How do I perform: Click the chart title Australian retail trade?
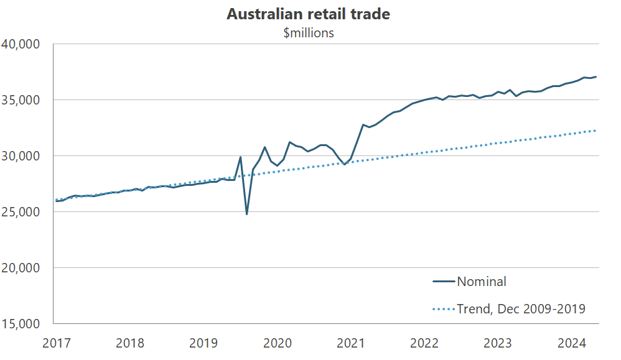tap(308, 14)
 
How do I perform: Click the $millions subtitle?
tap(309, 33)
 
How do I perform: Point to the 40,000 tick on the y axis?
tap(21, 44)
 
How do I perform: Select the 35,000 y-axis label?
tap(21, 100)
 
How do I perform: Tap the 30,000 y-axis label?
tap(21, 156)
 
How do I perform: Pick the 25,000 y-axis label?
tap(21, 212)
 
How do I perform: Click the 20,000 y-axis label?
tap(21, 268)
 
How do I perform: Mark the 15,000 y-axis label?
tap(21, 324)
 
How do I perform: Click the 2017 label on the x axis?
tap(56, 343)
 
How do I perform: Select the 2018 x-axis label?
tap(129, 343)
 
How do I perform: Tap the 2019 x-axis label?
tap(203, 343)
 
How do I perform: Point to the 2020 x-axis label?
tap(277, 343)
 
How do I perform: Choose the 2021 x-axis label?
tap(351, 343)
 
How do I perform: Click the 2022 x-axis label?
tap(424, 343)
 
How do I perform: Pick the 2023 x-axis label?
tap(498, 343)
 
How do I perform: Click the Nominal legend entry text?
tap(482, 282)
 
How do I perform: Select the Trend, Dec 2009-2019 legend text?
tap(521, 308)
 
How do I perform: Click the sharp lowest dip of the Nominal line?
tap(246, 214)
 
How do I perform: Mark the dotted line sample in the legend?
tap(444, 308)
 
